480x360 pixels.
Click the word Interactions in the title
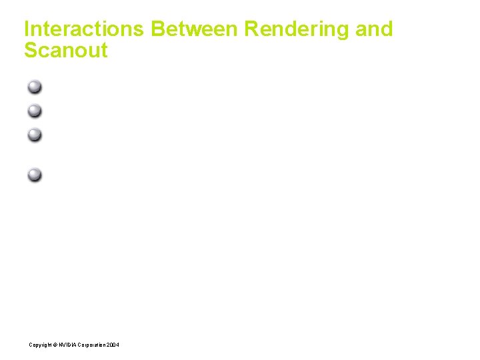(84, 29)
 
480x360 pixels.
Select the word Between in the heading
(194, 29)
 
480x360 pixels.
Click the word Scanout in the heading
(65, 51)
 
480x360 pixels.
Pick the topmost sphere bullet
(35, 87)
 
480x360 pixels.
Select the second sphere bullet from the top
(35, 111)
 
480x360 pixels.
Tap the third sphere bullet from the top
(35, 135)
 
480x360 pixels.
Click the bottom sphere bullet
(35, 175)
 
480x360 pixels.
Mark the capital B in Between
(158, 29)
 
